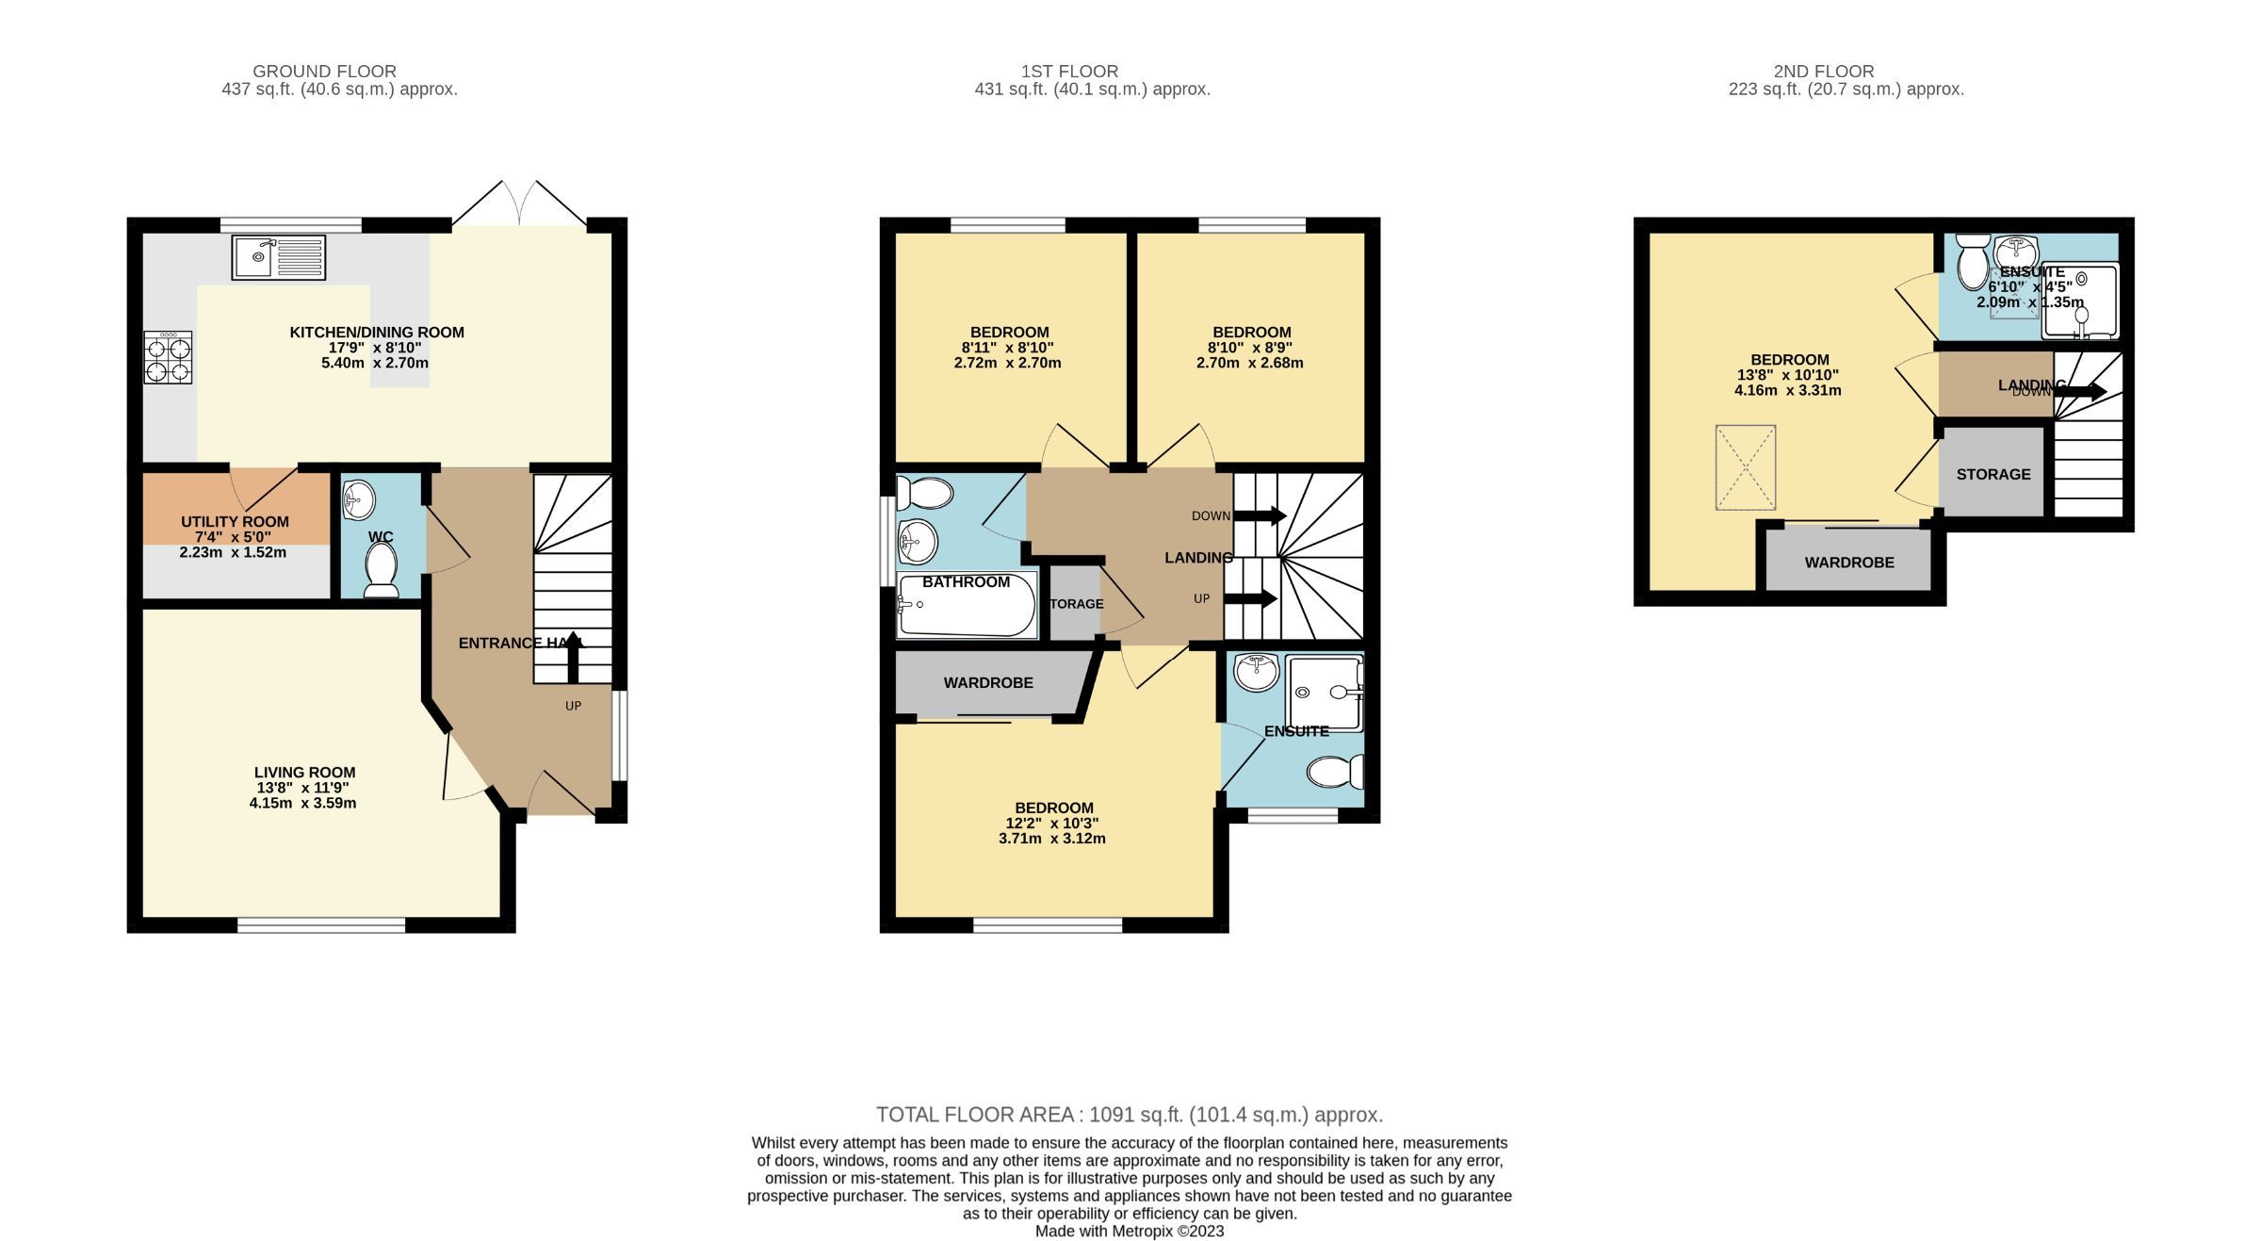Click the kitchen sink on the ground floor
click(x=278, y=257)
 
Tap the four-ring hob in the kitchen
click(x=168, y=357)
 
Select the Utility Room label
click(x=235, y=521)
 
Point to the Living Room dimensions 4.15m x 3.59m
click(x=302, y=803)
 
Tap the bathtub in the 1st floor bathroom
click(x=966, y=606)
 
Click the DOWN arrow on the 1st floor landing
click(x=1260, y=515)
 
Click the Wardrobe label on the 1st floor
click(x=988, y=682)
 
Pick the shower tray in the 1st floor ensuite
click(x=1325, y=694)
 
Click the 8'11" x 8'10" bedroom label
click(x=1009, y=347)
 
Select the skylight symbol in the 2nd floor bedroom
click(x=1745, y=467)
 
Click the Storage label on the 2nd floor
click(x=1993, y=474)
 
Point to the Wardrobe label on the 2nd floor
click(x=1848, y=563)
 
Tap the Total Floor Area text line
click(x=1129, y=1115)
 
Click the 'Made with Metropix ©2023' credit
click(x=1129, y=1231)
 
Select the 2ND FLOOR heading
click(x=1823, y=71)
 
